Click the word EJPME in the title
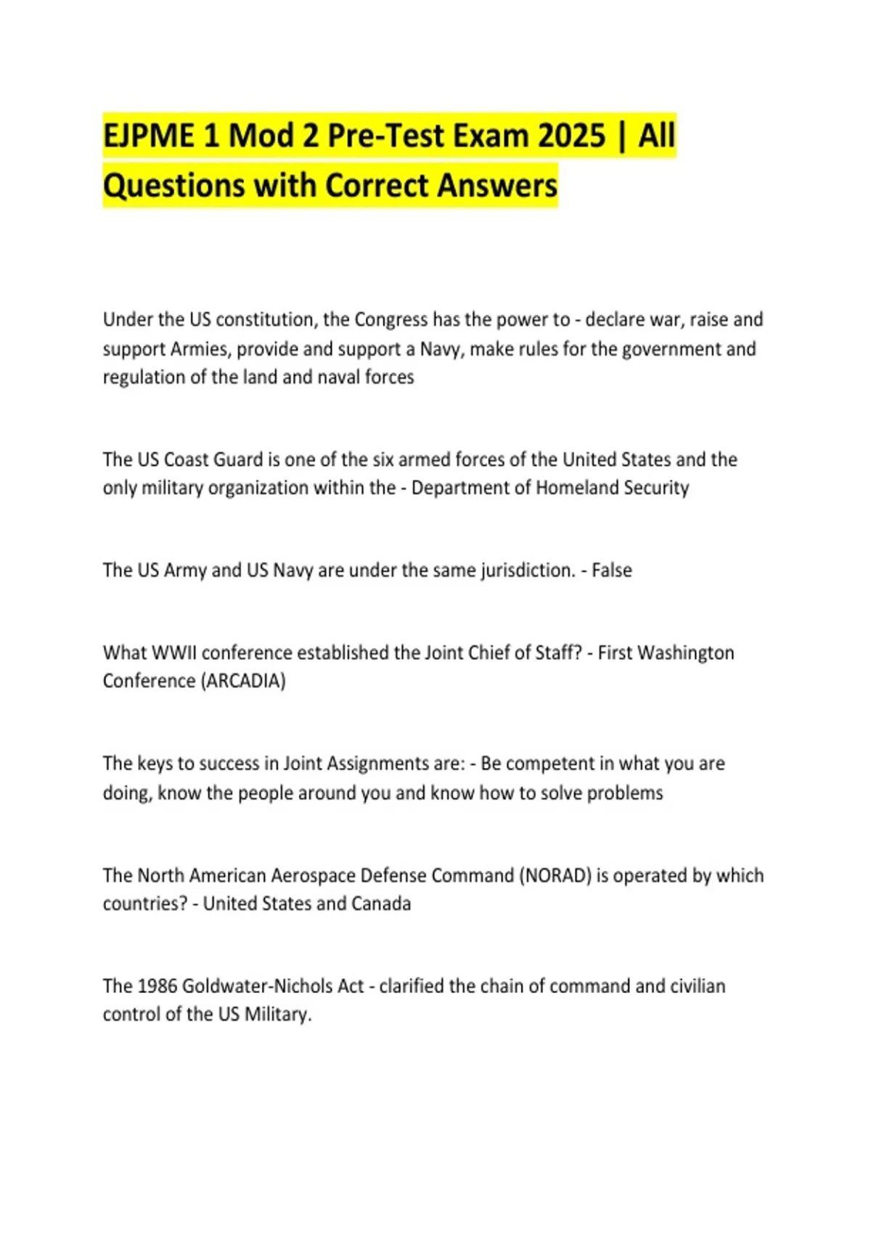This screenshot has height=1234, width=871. (149, 136)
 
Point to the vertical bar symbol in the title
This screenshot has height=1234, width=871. (622, 136)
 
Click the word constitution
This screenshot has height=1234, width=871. (264, 319)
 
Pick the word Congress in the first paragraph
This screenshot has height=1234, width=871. (390, 319)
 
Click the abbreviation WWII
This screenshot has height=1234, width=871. (173, 653)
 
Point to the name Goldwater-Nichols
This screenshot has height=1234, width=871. (272, 986)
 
